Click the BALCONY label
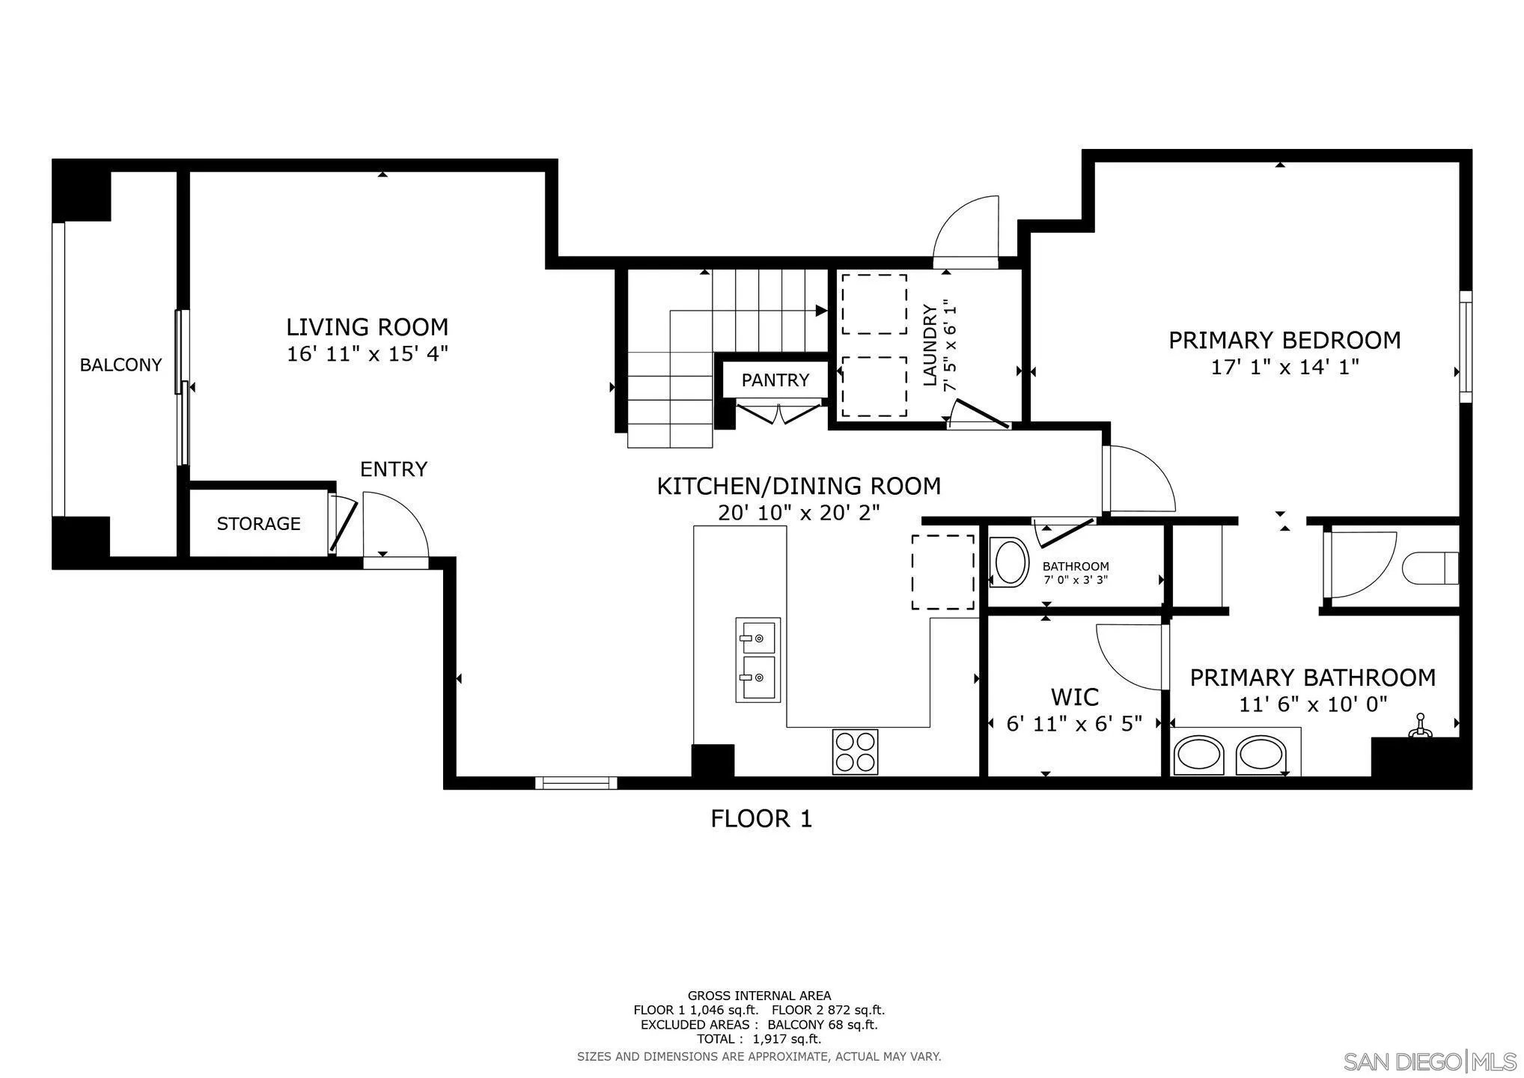[x=121, y=365]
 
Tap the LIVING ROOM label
[x=368, y=327]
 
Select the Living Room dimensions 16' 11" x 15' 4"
[x=368, y=354]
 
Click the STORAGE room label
[x=259, y=524]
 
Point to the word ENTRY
[x=394, y=469]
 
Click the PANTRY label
[x=775, y=380]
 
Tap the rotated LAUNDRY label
[x=930, y=345]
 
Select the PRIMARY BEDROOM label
[x=1284, y=341]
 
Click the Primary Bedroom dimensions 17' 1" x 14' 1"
[x=1285, y=368]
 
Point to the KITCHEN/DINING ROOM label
[x=799, y=487]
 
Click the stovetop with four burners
[x=856, y=752]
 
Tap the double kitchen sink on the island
[x=758, y=660]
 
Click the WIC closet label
[x=1075, y=698]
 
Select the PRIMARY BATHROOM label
[x=1313, y=678]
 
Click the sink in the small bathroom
[x=1009, y=564]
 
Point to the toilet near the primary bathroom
[x=1430, y=568]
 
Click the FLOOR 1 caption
[x=761, y=819]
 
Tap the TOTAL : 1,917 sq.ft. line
[x=759, y=1039]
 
